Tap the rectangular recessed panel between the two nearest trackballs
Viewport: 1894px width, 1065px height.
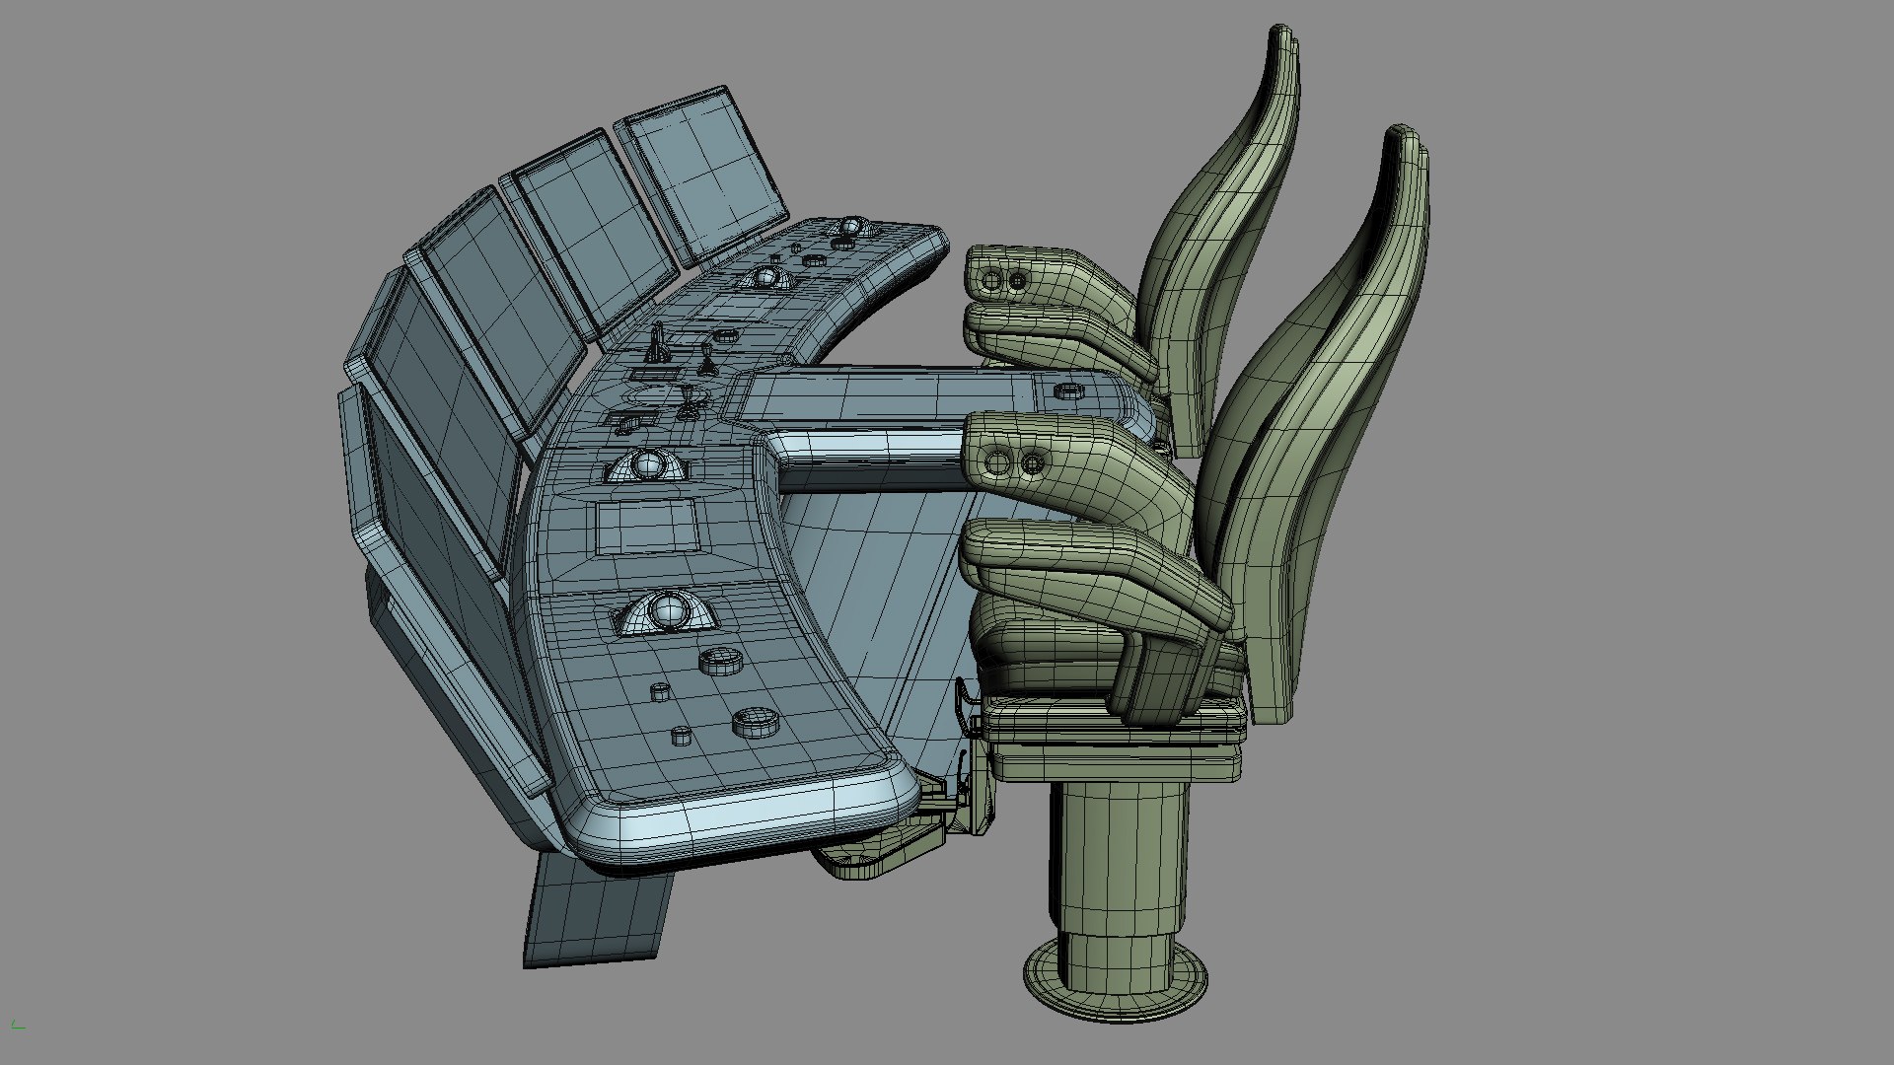tap(646, 526)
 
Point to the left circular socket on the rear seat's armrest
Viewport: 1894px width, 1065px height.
tap(991, 283)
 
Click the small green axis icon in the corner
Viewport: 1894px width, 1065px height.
tap(18, 1026)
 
